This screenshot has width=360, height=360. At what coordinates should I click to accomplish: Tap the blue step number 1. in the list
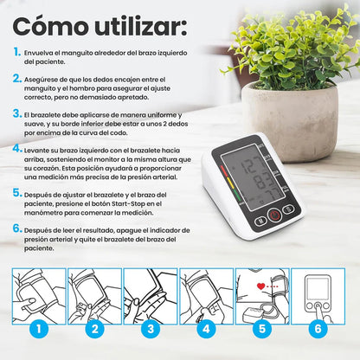pyautogui.click(x=17, y=52)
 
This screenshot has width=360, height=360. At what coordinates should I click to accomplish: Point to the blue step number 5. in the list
pyautogui.click(x=17, y=192)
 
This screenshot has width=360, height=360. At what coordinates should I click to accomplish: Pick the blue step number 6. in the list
pyautogui.click(x=17, y=229)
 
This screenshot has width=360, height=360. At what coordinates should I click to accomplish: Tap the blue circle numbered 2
pyautogui.click(x=93, y=329)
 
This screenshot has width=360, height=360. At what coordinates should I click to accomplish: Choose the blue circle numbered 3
pyautogui.click(x=151, y=329)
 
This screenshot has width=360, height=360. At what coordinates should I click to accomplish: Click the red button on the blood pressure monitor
pyautogui.click(x=275, y=216)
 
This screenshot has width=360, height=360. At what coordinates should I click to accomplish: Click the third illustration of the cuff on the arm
pyautogui.click(x=151, y=292)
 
